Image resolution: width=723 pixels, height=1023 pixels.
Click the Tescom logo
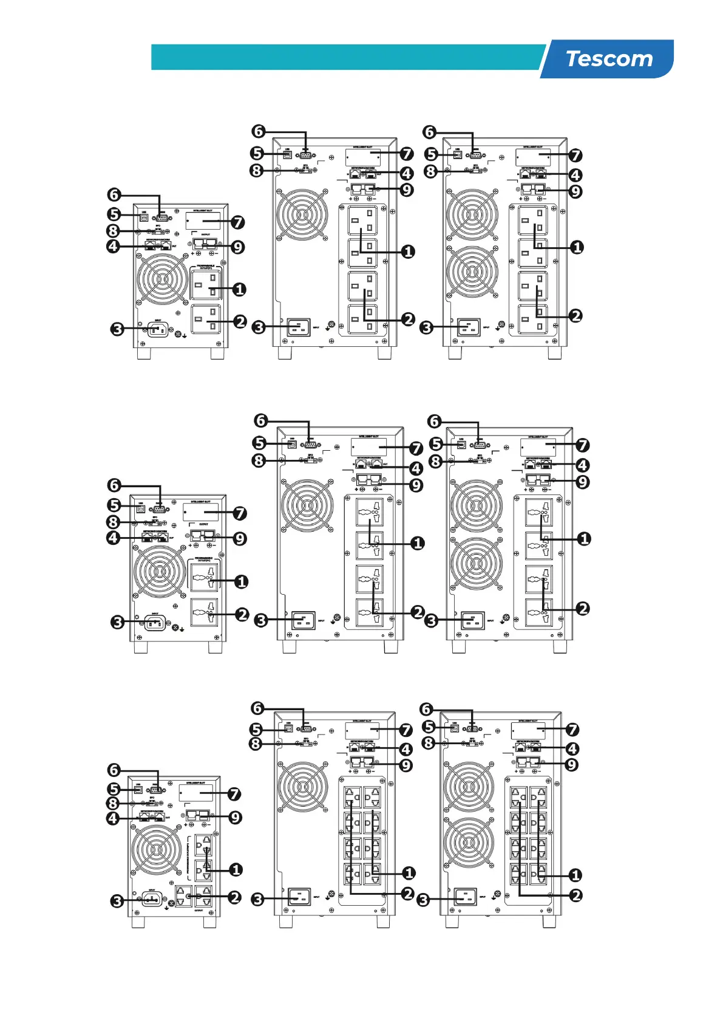coord(609,59)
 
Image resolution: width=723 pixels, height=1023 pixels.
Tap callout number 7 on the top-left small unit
coord(238,222)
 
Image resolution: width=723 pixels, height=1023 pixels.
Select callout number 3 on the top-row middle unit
coord(259,327)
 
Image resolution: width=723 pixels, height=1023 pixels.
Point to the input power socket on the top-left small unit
coord(158,330)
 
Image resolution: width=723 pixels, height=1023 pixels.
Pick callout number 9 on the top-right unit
coord(575,191)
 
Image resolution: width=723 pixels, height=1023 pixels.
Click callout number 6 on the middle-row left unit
coord(114,485)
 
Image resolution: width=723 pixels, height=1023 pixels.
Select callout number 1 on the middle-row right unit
coord(584,539)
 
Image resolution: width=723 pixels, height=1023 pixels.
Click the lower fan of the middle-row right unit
coord(477,563)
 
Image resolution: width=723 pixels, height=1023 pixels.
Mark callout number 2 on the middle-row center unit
coord(418,612)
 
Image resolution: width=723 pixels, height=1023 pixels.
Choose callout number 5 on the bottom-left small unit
coord(114,789)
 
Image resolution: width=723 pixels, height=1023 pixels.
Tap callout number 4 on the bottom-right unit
coord(572,748)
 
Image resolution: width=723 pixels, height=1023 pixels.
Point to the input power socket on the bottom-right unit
coord(466,897)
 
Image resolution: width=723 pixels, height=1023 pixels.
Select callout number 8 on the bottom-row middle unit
coord(256,744)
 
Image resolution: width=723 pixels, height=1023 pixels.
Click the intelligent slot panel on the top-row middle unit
coord(363,157)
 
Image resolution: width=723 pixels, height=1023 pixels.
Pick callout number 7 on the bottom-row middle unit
coord(406,730)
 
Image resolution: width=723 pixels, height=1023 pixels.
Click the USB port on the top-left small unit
coord(144,216)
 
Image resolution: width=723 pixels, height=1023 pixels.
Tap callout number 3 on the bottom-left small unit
coord(117,901)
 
